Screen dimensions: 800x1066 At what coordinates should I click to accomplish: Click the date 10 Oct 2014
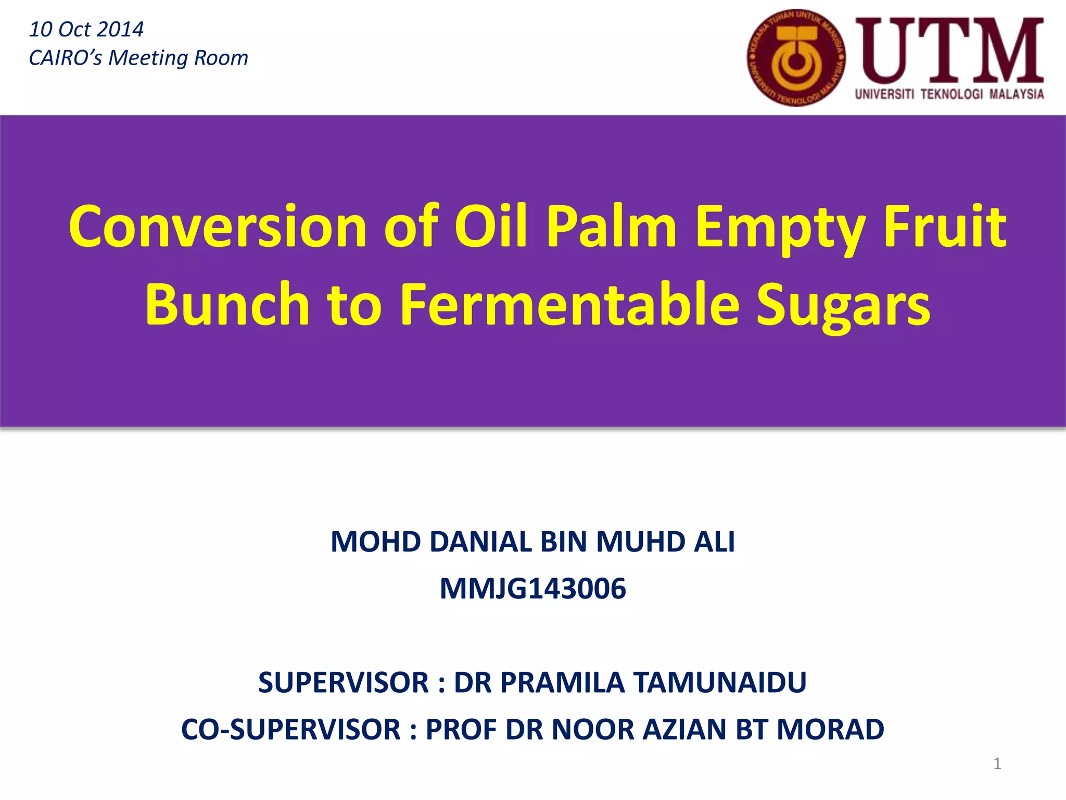[86, 29]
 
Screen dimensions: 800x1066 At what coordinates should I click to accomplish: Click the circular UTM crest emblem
[796, 58]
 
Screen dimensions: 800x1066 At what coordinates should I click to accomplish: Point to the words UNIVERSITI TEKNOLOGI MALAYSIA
[949, 94]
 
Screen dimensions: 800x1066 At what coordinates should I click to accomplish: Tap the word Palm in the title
[611, 227]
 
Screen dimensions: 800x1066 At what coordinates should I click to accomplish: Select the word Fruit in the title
[944, 227]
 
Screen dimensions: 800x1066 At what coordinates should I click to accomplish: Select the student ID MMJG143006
[532, 589]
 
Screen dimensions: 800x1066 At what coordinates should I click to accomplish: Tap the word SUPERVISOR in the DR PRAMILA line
[344, 682]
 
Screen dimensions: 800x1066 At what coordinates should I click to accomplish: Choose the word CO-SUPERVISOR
[291, 729]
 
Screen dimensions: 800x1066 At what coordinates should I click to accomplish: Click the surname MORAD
[830, 729]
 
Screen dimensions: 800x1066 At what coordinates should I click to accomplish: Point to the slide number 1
[997, 764]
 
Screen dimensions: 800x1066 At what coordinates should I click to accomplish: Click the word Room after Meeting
[221, 58]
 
